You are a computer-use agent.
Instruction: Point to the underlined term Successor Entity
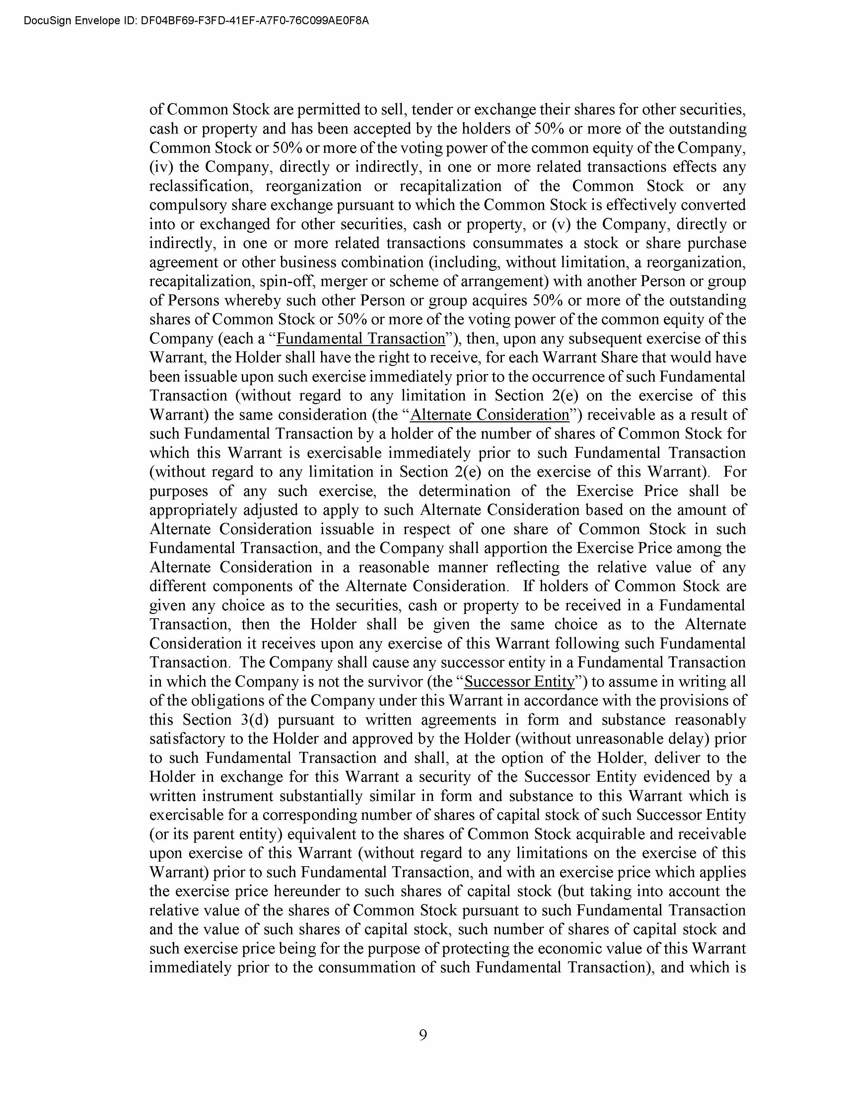[519, 682]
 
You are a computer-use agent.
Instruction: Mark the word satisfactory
[186, 739]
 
